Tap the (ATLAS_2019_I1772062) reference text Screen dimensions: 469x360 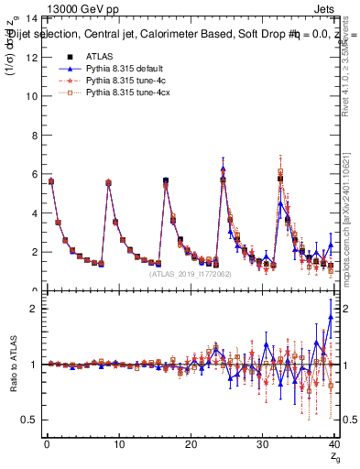coord(191,274)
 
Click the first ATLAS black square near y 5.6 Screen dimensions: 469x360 coord(50,181)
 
